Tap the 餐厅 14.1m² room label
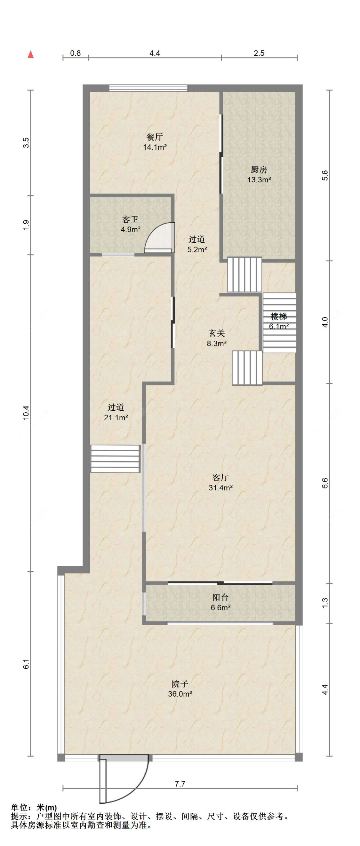(154, 142)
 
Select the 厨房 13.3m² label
(259, 175)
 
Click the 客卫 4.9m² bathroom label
(131, 224)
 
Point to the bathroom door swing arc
(159, 237)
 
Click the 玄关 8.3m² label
(216, 338)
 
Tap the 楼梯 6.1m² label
(279, 321)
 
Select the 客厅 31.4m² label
(220, 482)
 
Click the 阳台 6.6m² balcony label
(220, 602)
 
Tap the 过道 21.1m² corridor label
(116, 412)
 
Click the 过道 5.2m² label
(197, 244)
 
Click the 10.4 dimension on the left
(26, 412)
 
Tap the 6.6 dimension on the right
(325, 483)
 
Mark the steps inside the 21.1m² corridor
(115, 458)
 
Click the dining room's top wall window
(148, 88)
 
